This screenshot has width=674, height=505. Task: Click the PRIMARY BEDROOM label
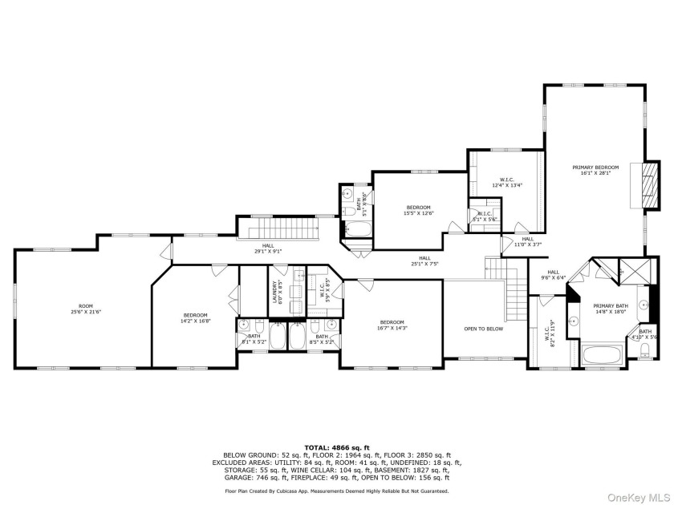point(595,171)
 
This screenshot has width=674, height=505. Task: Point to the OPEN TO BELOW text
point(485,329)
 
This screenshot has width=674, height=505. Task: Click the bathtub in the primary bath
point(604,354)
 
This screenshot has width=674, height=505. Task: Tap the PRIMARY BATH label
point(610,309)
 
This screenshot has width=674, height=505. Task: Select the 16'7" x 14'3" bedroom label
point(392,325)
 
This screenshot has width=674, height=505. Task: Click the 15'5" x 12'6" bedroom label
point(418,210)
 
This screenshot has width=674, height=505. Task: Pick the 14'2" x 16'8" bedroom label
point(195,317)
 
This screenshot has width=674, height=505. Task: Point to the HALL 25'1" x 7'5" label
point(419,261)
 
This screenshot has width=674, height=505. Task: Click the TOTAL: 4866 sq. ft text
point(336,446)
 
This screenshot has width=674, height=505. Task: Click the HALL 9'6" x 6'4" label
point(553,275)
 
